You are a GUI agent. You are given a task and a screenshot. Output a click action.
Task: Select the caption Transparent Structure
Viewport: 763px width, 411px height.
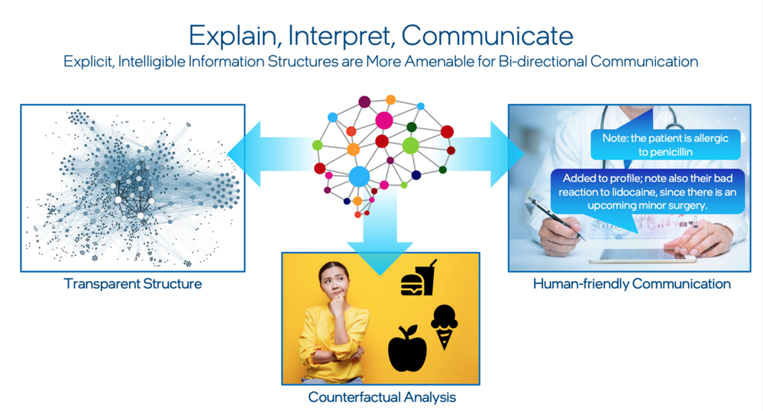click(x=133, y=284)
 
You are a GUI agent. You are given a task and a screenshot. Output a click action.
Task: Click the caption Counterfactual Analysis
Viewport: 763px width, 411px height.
click(x=382, y=397)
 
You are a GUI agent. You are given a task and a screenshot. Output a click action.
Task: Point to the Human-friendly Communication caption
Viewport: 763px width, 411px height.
click(x=632, y=284)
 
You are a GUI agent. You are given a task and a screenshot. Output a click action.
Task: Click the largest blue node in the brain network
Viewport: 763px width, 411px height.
click(x=359, y=177)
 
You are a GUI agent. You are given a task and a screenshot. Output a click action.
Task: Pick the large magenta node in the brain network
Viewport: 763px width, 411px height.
click(x=384, y=120)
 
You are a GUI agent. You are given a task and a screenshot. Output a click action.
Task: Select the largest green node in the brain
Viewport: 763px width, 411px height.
click(x=411, y=145)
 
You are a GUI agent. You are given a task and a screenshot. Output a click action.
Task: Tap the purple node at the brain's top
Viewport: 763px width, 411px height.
click(x=364, y=102)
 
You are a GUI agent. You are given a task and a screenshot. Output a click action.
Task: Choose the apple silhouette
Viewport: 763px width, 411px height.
click(x=407, y=349)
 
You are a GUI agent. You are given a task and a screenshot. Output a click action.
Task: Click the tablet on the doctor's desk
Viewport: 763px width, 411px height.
click(x=642, y=256)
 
